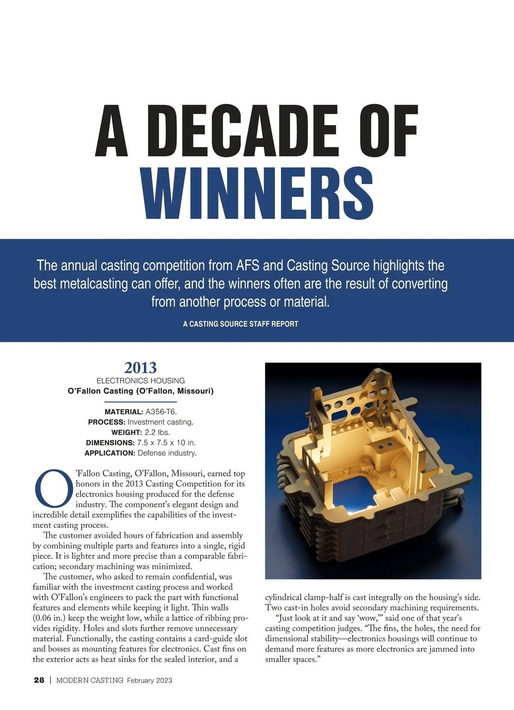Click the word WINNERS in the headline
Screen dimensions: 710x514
257,194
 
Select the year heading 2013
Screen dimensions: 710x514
140,368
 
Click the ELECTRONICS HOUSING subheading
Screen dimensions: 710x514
140,380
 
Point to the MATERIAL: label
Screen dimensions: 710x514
124,412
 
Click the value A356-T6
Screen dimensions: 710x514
161,412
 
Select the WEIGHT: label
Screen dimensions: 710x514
126,432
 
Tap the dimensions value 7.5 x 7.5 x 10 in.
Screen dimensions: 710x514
166,443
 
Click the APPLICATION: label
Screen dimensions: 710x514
110,453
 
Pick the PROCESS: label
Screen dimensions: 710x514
107,422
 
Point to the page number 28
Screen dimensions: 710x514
39,680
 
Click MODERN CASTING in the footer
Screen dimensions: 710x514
90,680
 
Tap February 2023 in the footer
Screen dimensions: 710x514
149,680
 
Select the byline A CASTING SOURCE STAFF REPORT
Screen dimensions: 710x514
240,324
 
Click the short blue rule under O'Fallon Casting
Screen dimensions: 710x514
140,402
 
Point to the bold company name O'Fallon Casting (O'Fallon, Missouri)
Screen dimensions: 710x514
140,391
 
